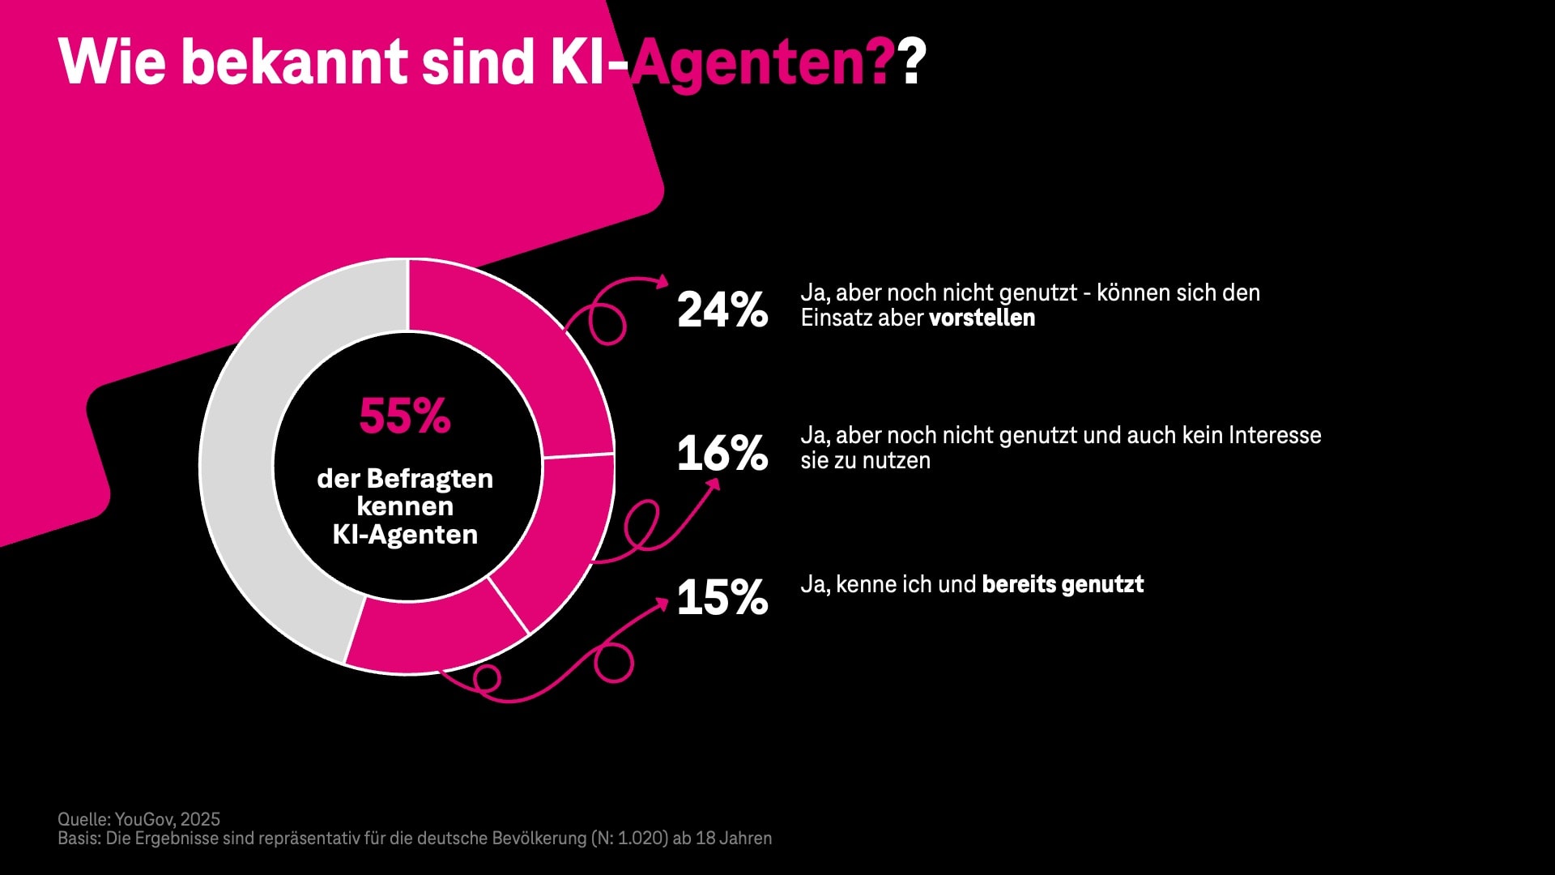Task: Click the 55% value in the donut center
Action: click(x=405, y=416)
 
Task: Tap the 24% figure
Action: click(x=722, y=309)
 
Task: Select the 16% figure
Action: click(x=722, y=453)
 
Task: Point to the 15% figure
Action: click(x=722, y=597)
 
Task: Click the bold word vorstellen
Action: click(x=982, y=318)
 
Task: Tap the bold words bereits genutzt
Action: click(x=1063, y=584)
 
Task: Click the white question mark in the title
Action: click(x=913, y=62)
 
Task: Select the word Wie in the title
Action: click(x=112, y=62)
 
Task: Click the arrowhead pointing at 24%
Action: click(x=662, y=281)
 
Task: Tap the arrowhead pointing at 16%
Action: click(x=714, y=484)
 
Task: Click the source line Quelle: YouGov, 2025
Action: click(x=138, y=819)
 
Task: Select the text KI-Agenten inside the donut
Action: click(x=405, y=535)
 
